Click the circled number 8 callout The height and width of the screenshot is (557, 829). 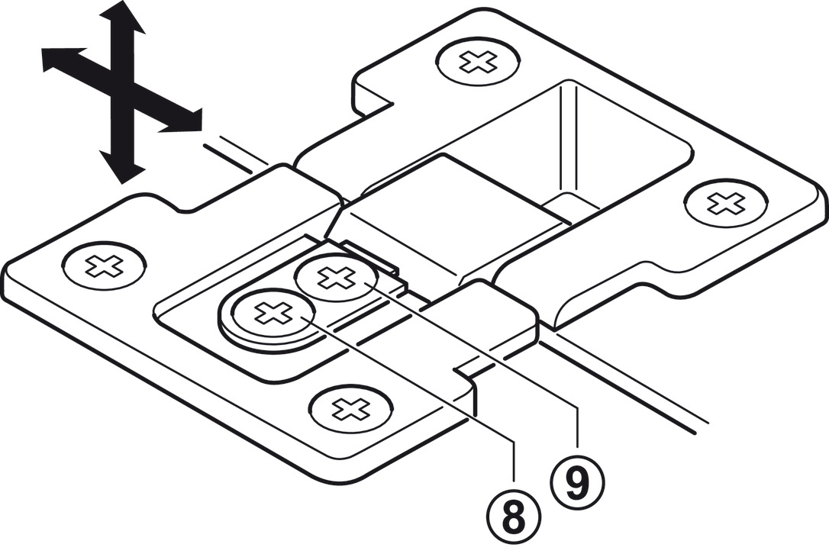pos(514,517)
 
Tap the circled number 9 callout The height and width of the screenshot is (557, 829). pos(578,479)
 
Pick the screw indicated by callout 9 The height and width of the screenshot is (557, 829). pos(336,278)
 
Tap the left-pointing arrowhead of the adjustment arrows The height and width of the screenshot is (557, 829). pos(57,59)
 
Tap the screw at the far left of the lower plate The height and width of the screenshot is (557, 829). pos(103,266)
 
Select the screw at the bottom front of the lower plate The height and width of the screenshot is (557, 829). pos(352,408)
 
